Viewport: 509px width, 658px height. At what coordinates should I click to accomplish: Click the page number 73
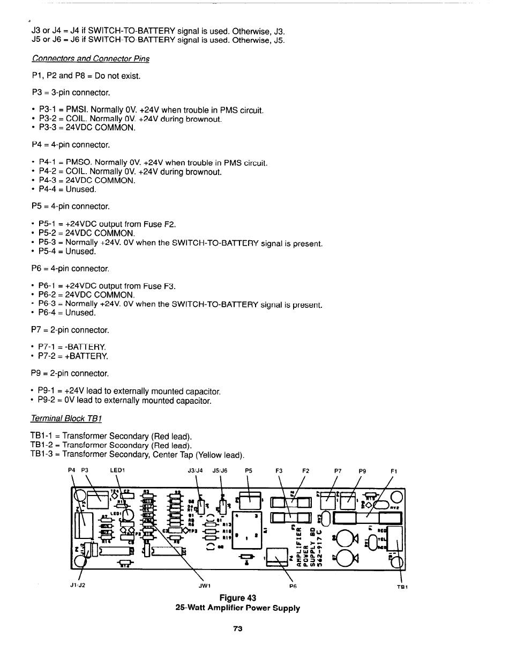coord(238,629)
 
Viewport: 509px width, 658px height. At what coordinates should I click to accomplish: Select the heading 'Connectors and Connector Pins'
coord(91,58)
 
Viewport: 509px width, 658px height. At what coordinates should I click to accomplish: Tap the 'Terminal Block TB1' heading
coord(67,418)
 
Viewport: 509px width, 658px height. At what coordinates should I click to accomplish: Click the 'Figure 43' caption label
coord(237,598)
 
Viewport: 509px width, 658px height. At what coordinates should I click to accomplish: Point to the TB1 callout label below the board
coord(402,587)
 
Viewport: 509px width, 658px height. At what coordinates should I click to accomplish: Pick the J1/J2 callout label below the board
coord(78,586)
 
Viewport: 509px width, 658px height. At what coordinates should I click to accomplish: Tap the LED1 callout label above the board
coord(117,470)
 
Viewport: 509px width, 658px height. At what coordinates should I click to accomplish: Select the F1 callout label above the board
coord(394,471)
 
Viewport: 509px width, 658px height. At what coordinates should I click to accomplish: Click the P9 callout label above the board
coord(363,471)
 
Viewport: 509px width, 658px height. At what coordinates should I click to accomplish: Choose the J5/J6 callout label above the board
coord(220,471)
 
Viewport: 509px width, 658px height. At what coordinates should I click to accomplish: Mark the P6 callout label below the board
coord(293,587)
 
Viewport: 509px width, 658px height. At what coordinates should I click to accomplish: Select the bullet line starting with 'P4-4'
coord(68,189)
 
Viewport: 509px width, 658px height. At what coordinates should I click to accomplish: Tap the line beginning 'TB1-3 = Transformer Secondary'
coord(137,455)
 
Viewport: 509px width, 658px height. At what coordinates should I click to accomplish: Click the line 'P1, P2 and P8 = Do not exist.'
coord(86,76)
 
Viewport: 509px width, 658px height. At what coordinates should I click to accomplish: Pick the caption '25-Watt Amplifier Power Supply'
coord(237,608)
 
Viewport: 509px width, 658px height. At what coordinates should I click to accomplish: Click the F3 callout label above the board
coord(279,471)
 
